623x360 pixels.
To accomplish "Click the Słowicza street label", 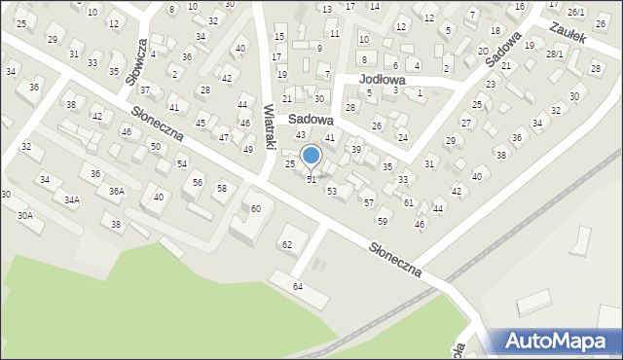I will [136, 62].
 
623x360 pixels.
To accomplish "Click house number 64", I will [298, 286].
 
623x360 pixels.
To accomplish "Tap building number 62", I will [287, 243].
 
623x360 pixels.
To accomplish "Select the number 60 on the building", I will [256, 209].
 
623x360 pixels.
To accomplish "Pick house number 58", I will [222, 188].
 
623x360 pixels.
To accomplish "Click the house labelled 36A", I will [117, 192].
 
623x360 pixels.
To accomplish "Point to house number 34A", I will [72, 199].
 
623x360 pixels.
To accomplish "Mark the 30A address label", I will [24, 215].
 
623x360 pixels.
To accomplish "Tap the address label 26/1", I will [576, 12].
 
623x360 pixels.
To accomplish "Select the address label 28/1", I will [555, 54].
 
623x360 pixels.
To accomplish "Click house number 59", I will [383, 222].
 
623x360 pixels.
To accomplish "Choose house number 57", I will [368, 202].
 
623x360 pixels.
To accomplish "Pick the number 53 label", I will [332, 191].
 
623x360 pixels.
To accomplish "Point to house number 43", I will [301, 134].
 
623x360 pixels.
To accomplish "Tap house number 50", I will [155, 146].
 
